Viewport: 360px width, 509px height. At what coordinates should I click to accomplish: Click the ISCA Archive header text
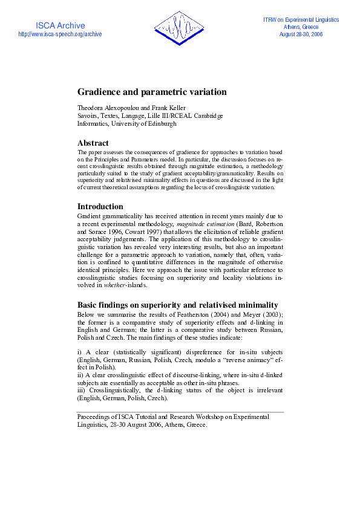(61, 25)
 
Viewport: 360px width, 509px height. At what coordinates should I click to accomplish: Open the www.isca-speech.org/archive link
(61, 34)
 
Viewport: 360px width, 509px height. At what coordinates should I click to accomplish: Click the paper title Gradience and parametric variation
(152, 92)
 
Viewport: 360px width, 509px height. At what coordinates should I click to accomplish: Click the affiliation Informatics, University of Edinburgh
(127, 123)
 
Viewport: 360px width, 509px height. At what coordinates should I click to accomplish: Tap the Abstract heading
(93, 143)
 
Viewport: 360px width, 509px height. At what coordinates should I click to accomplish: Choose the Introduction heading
(100, 206)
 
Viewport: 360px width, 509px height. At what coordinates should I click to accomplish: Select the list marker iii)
(82, 391)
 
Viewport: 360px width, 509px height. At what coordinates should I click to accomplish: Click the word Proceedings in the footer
(95, 417)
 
